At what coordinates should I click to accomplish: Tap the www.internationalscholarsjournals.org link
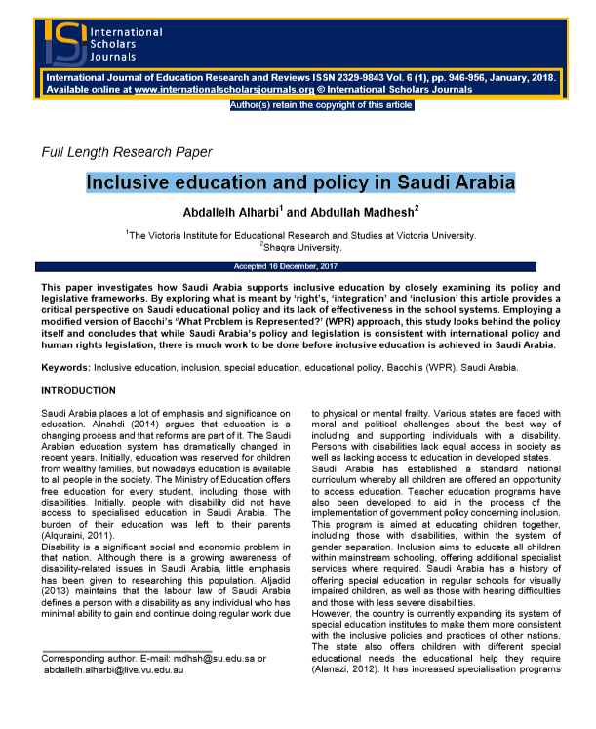point(228,89)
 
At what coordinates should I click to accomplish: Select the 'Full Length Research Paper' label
point(127,152)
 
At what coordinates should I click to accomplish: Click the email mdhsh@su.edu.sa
point(202,659)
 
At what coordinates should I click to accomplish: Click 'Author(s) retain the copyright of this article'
point(322,105)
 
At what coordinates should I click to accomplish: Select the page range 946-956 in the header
point(445,76)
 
